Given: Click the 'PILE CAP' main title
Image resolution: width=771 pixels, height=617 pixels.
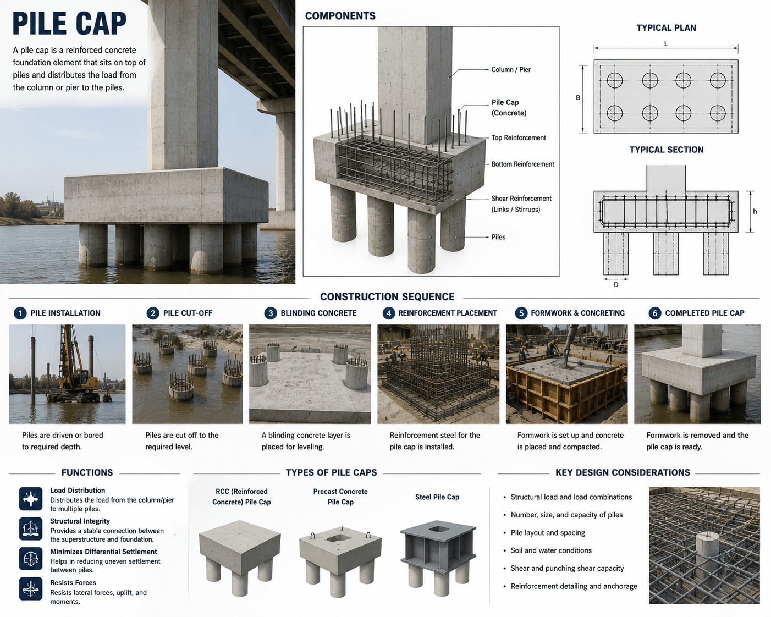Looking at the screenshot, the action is [69, 24].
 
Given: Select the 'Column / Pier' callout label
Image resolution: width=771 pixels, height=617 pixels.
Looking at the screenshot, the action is [510, 69].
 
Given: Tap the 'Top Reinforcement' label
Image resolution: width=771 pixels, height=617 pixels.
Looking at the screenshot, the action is [519, 137].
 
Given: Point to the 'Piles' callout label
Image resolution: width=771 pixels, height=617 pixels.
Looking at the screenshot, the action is [498, 237].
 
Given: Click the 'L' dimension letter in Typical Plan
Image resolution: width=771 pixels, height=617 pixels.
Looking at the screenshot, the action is [666, 43].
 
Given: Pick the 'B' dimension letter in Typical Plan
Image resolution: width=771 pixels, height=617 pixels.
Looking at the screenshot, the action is [578, 97].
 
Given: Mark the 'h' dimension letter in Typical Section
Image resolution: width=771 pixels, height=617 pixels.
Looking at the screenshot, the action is [755, 211].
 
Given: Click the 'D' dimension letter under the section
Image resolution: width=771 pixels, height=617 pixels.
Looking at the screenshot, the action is [616, 285].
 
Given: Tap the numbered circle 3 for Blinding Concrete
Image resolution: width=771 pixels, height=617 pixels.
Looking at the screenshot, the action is [271, 313].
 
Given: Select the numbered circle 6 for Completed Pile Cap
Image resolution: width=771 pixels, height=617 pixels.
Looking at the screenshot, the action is [654, 313].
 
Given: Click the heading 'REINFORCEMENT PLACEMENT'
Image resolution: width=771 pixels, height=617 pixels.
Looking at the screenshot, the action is [448, 313].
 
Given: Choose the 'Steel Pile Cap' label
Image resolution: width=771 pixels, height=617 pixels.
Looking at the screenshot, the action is [437, 497].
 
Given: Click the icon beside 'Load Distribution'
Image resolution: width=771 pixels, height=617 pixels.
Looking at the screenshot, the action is [31, 499].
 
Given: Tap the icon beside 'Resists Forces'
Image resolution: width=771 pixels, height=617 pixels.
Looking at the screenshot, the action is [31, 589].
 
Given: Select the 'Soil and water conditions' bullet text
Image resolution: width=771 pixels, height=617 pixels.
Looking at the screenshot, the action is [551, 550].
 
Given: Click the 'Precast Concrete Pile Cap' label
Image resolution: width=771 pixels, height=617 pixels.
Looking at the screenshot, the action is [340, 497].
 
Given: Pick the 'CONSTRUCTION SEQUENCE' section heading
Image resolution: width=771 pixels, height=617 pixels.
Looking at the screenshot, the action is [387, 296].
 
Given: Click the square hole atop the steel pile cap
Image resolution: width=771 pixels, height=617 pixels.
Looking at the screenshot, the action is [437, 530].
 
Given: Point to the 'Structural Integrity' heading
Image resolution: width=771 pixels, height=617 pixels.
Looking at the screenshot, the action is [80, 521].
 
